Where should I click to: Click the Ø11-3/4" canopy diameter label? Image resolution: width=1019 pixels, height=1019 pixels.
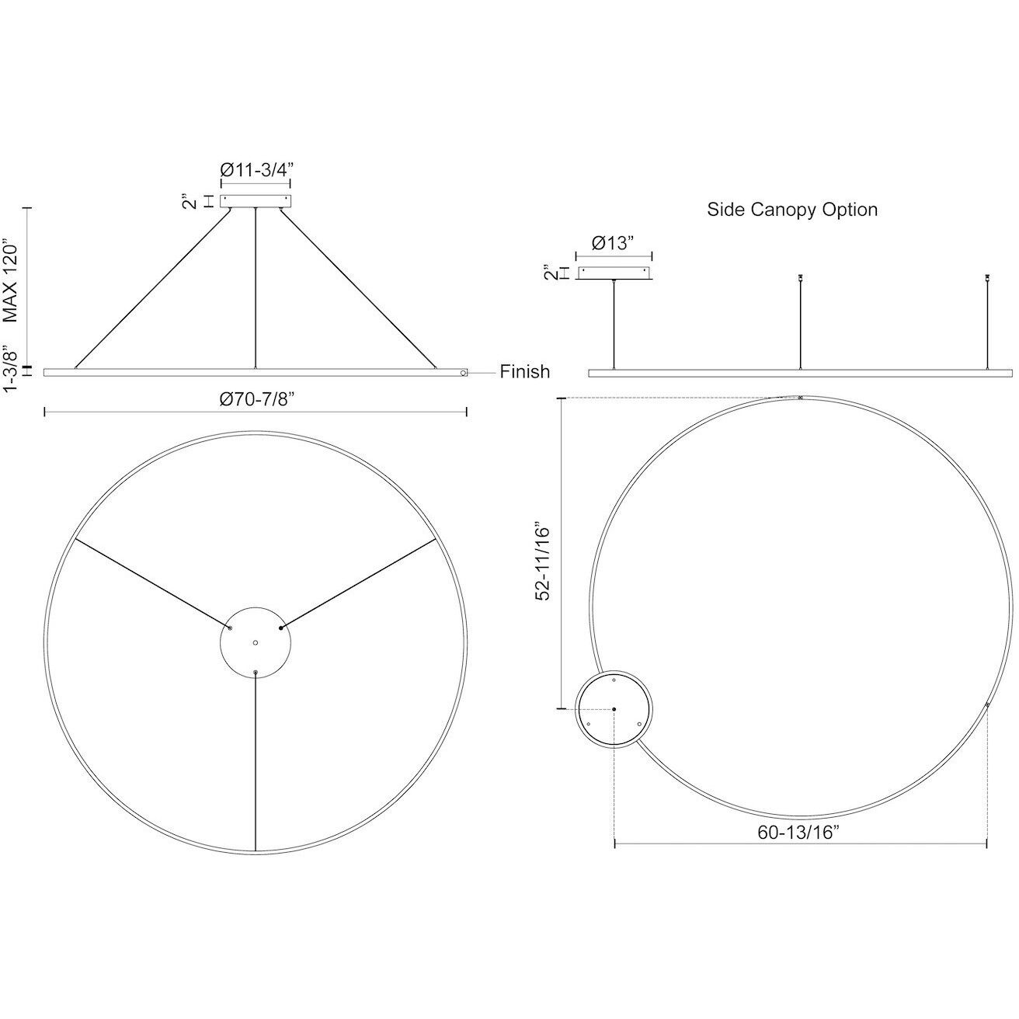(x=256, y=169)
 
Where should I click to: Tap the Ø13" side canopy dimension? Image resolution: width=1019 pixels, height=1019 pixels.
(x=613, y=242)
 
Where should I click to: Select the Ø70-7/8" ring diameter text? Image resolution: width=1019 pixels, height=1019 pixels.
(x=256, y=398)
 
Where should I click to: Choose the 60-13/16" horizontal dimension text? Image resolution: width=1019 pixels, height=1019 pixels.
(x=800, y=833)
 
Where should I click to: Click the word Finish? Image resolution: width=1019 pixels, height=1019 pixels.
(x=524, y=372)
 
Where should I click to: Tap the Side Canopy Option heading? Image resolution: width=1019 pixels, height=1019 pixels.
(x=792, y=210)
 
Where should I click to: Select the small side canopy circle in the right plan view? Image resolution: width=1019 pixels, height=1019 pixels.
(x=614, y=708)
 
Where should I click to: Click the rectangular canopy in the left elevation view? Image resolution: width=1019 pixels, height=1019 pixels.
(x=256, y=201)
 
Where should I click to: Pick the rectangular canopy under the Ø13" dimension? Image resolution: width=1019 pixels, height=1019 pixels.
(x=614, y=273)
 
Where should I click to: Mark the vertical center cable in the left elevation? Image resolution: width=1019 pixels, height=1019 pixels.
(x=256, y=287)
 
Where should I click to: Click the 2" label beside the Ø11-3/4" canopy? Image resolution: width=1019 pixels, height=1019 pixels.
(x=187, y=202)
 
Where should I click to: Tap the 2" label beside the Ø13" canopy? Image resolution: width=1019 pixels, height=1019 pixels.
(x=550, y=273)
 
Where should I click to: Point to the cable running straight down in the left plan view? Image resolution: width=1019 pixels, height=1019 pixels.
(x=256, y=761)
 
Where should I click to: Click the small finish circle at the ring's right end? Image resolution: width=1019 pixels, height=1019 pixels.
(x=463, y=374)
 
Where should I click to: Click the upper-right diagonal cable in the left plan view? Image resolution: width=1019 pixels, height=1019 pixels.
(x=357, y=583)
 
